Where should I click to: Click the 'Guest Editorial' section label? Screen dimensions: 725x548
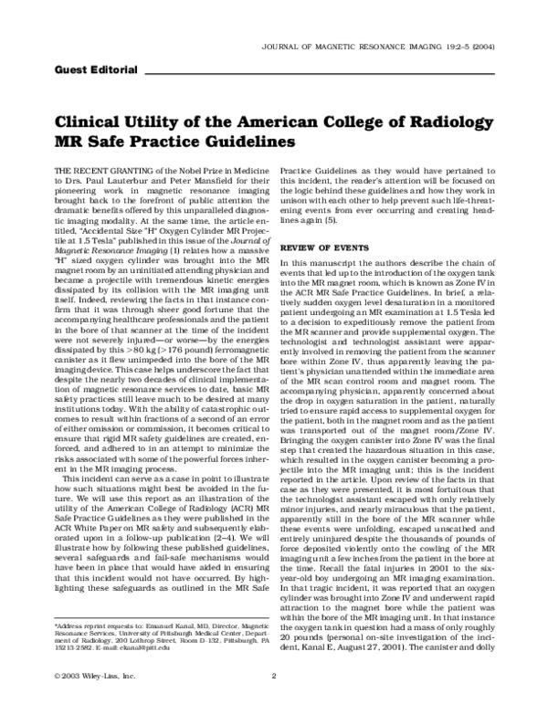[96, 69]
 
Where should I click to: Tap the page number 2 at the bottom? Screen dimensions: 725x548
[274, 700]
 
